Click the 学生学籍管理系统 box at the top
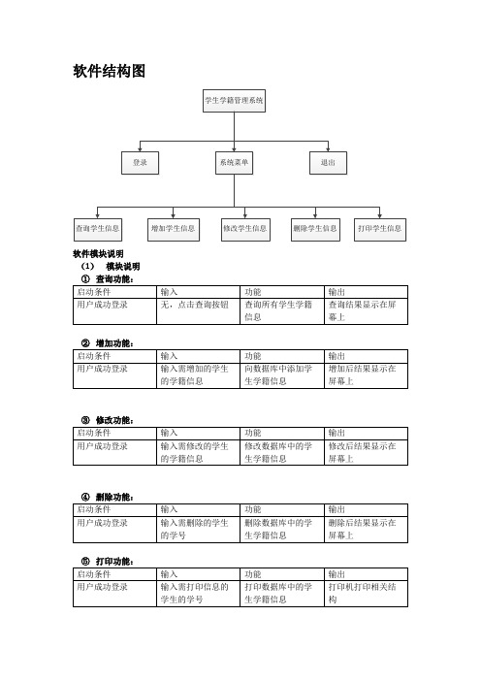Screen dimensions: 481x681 (234, 101)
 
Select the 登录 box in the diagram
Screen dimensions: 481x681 (140, 163)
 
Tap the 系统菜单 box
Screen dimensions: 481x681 (234, 163)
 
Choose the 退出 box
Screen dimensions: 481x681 (328, 163)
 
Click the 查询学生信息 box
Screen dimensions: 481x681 (98, 230)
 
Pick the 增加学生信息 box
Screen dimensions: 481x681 (174, 230)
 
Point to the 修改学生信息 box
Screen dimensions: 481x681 (245, 230)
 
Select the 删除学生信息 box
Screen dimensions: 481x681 (315, 230)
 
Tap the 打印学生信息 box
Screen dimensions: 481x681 (380, 230)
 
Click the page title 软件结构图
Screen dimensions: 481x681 (109, 71)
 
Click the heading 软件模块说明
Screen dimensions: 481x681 (98, 253)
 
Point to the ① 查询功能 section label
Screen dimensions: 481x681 (108, 278)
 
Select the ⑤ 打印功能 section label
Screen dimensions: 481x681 (108, 562)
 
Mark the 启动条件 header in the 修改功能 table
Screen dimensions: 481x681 (94, 433)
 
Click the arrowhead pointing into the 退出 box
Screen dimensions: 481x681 (328, 149)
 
